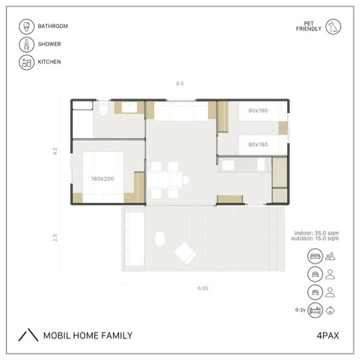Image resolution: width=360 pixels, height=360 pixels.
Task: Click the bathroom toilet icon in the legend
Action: pyautogui.click(x=27, y=27)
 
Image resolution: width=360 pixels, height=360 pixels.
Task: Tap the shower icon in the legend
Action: pyautogui.click(x=27, y=45)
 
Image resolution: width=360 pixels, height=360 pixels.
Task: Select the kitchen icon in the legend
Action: pyautogui.click(x=27, y=63)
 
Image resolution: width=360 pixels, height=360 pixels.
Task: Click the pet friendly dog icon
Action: pyautogui.click(x=333, y=27)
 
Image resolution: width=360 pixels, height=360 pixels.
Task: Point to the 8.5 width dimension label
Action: pyautogui.click(x=180, y=84)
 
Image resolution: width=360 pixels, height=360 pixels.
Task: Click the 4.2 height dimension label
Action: pyautogui.click(x=55, y=151)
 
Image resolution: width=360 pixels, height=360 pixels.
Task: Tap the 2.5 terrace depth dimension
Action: pyautogui.click(x=55, y=238)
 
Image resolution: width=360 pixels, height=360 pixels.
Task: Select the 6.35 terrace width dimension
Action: pyautogui.click(x=203, y=288)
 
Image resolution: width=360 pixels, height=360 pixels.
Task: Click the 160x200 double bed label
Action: pyautogui.click(x=102, y=179)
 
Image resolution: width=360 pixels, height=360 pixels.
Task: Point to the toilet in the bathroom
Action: pyautogui.click(x=104, y=109)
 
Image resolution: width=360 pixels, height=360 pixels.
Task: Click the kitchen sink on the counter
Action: pyautogui.click(x=228, y=165)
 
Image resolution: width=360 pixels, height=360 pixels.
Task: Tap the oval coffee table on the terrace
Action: pyautogui.click(x=160, y=239)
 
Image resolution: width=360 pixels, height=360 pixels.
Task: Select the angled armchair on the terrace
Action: pyautogui.click(x=185, y=253)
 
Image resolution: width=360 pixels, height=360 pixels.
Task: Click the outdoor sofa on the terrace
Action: pyautogui.click(x=135, y=239)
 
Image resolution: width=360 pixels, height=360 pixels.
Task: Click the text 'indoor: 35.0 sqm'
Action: pyautogui.click(x=317, y=233)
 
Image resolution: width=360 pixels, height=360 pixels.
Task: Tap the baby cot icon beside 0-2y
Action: pyautogui.click(x=315, y=310)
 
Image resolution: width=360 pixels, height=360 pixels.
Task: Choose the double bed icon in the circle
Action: pyautogui.click(x=315, y=256)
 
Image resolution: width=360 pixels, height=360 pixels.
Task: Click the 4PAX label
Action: pyautogui.click(x=328, y=336)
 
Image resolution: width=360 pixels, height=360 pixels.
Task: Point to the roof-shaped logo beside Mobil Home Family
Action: pyautogui.click(x=28, y=335)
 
